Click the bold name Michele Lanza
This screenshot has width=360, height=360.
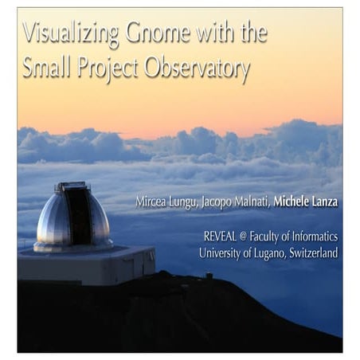click(x=306, y=202)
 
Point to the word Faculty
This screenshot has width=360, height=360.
click(x=275, y=237)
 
